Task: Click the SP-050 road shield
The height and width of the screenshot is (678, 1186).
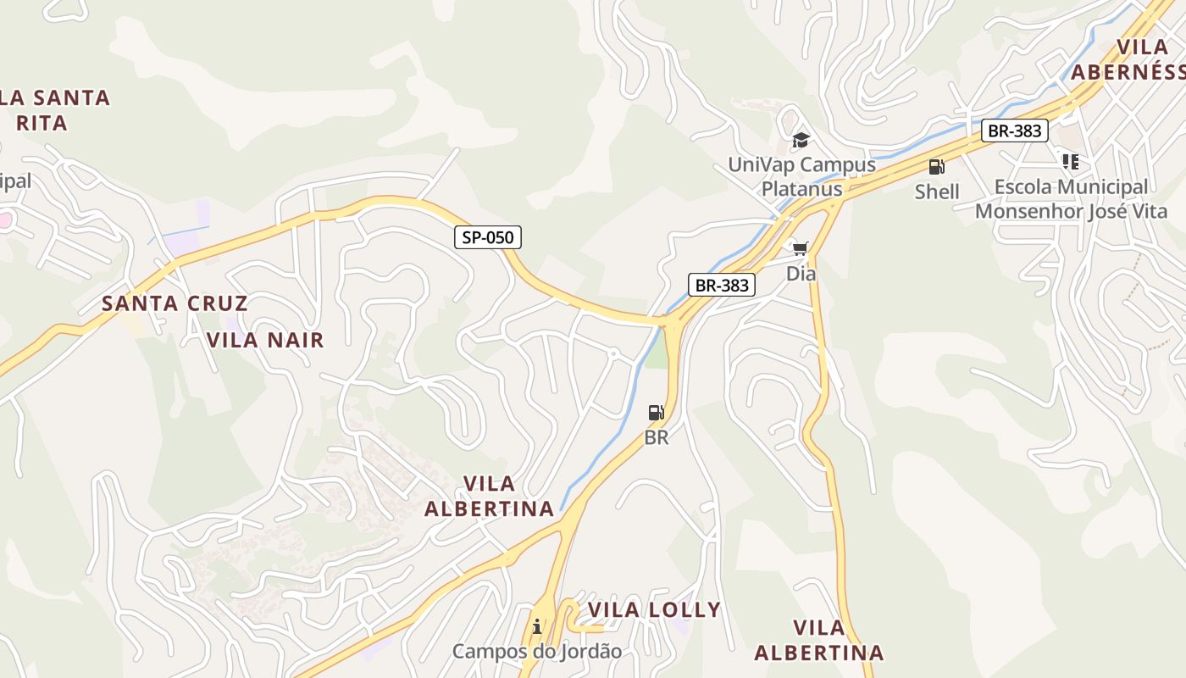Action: [488, 237]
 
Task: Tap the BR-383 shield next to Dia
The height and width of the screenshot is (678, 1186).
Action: [722, 285]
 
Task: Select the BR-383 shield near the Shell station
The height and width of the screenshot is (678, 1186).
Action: [1016, 131]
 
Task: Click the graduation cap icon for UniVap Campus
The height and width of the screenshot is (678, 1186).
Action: [801, 140]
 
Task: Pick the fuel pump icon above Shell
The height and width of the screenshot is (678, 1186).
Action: [936, 167]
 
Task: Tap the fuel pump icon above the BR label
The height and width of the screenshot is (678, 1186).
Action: [656, 413]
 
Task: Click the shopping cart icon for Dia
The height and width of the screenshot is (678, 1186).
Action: [801, 248]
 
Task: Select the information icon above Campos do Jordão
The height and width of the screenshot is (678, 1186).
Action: [537, 627]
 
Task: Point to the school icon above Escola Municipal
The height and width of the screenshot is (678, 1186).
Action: [1071, 161]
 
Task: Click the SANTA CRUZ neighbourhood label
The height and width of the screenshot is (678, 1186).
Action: [175, 303]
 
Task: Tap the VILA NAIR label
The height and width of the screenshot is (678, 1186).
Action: [266, 340]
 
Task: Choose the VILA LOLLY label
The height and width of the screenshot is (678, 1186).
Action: [654, 609]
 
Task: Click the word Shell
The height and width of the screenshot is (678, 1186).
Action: [937, 192]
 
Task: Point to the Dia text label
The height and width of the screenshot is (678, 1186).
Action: [801, 274]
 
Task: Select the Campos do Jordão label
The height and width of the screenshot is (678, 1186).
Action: [536, 652]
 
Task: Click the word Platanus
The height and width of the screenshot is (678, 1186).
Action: [801, 188]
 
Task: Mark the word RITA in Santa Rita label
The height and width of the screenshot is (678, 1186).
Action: [42, 123]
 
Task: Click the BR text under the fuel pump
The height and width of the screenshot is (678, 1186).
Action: [657, 438]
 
